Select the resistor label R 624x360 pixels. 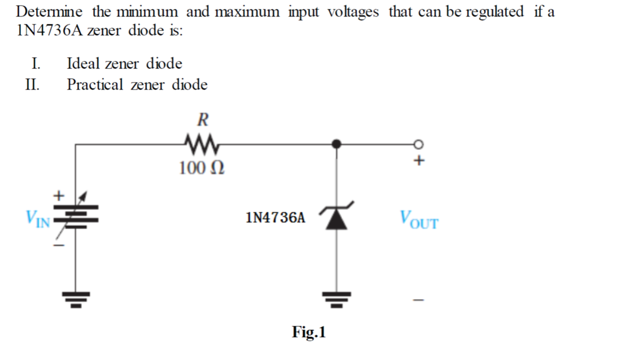click(x=202, y=120)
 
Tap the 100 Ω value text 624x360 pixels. click(x=202, y=168)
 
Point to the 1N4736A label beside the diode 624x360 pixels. click(x=275, y=217)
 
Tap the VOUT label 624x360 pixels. click(x=419, y=220)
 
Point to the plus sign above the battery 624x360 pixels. click(x=59, y=195)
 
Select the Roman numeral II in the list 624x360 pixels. click(x=32, y=85)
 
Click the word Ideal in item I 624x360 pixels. click(x=83, y=63)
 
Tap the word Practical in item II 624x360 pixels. click(x=95, y=85)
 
